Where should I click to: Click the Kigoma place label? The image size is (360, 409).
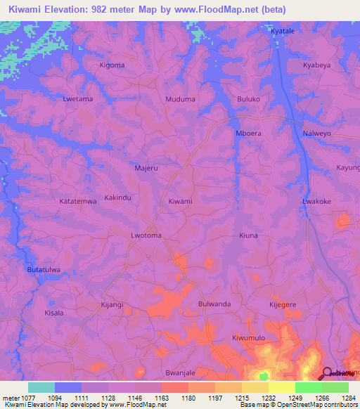point(112,65)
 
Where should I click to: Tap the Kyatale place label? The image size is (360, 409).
point(285,32)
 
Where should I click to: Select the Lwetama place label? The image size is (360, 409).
point(77,99)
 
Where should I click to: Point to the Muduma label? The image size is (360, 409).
point(180,99)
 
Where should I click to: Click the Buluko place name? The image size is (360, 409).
point(249,99)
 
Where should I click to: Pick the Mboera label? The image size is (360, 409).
point(249,133)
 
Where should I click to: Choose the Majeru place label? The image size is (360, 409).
point(146,168)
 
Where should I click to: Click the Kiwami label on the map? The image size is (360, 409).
point(181,202)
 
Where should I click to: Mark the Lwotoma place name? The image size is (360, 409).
point(146,236)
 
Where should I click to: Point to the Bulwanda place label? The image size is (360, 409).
point(214,304)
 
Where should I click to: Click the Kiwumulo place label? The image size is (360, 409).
point(249,338)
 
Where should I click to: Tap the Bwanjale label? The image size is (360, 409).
point(180,372)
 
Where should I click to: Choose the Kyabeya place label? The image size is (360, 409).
point(316,65)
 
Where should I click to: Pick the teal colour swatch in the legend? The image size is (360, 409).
point(41,387)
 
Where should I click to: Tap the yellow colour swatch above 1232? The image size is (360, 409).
point(255,387)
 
